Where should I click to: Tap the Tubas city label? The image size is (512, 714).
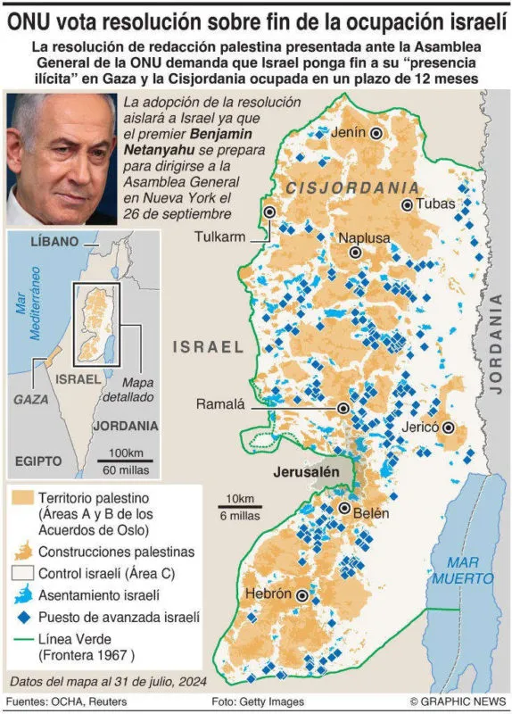tap(435, 204)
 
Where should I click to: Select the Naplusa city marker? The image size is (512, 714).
tap(356, 253)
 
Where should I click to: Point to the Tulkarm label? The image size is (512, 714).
tap(220, 237)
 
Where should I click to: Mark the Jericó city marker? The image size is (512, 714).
tap(449, 428)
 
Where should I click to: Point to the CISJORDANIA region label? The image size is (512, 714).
tap(352, 187)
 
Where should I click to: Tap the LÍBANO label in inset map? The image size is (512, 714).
tap(55, 242)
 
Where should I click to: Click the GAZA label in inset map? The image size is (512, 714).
tap(32, 399)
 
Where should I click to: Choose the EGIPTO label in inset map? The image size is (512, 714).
tap(38, 461)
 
